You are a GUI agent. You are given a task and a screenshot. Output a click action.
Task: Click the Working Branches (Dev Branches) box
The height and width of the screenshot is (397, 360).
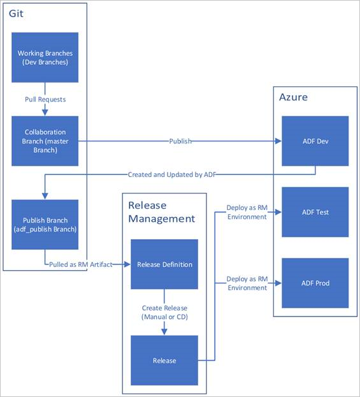[45, 57]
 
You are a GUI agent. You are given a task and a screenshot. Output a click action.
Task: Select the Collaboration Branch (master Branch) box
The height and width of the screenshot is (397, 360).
[45, 141]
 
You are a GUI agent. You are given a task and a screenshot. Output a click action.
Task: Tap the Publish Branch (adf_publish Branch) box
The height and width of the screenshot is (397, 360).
[45, 225]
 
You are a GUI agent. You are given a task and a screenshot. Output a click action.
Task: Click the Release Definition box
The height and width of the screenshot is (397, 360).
[164, 264]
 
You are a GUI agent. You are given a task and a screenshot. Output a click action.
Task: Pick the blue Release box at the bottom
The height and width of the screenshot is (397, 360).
[164, 360]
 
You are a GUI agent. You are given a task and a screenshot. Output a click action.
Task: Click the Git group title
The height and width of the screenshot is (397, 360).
[17, 13]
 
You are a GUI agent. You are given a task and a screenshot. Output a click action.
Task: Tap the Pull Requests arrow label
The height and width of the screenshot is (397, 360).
[45, 100]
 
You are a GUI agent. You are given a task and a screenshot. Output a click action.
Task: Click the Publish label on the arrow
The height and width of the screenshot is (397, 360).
[180, 141]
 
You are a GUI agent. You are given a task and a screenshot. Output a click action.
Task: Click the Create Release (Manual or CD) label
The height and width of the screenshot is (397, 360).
[164, 311]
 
